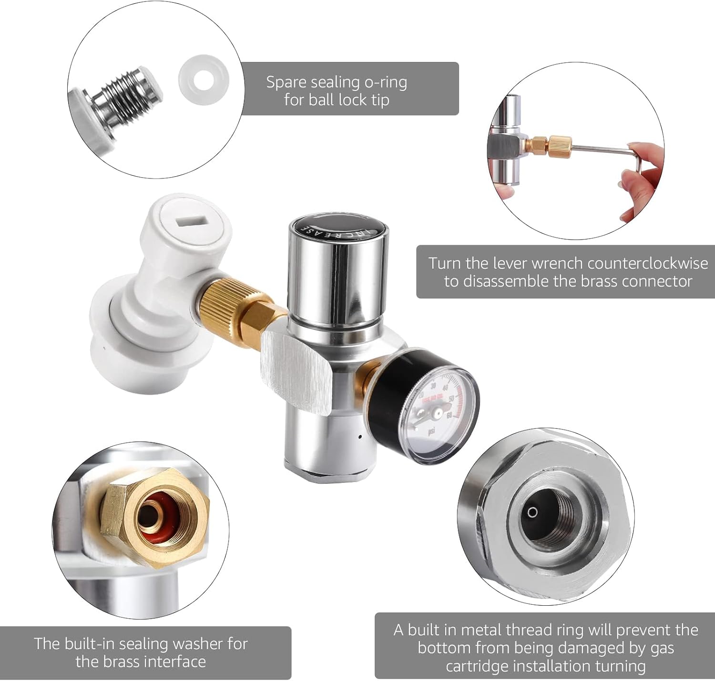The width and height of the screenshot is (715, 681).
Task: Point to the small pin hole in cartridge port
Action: tap(532, 512)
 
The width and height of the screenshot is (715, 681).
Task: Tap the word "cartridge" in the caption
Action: tap(479, 666)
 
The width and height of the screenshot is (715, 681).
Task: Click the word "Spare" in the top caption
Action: tap(286, 82)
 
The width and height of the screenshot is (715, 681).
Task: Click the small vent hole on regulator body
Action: tap(360, 436)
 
